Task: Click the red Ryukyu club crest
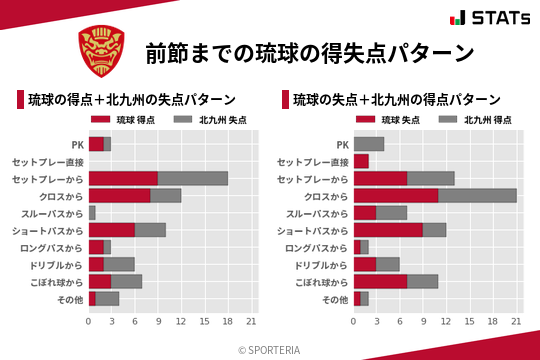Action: [x=102, y=51]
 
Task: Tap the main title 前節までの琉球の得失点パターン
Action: [x=309, y=52]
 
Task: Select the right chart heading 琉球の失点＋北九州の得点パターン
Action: [x=396, y=100]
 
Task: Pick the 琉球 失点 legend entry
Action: [x=385, y=120]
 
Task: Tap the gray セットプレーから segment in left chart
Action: [x=193, y=178]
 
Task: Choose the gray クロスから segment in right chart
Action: [x=477, y=195]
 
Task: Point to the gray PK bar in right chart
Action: [x=369, y=144]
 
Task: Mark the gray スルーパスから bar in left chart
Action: [x=92, y=213]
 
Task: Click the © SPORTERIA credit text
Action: [x=270, y=349]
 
